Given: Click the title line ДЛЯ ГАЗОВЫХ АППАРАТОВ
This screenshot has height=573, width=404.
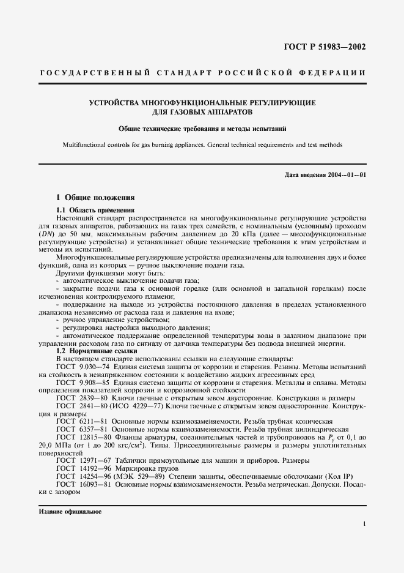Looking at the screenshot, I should pyautogui.click(x=202, y=113).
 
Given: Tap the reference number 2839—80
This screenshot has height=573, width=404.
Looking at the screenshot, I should pyautogui.click(x=90, y=397).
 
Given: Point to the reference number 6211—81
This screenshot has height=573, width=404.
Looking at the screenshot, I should pyautogui.click(x=90, y=421).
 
